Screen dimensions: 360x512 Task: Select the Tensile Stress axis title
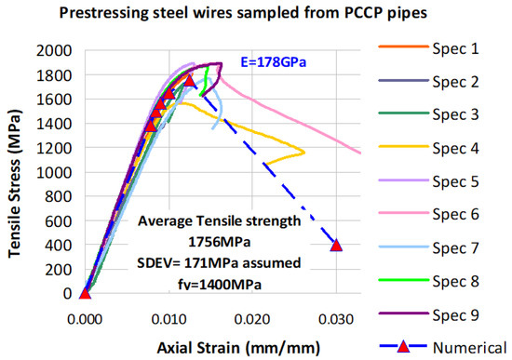(14, 172)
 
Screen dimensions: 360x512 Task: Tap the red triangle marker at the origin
(85, 293)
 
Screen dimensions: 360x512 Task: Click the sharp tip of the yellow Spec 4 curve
(304, 152)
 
